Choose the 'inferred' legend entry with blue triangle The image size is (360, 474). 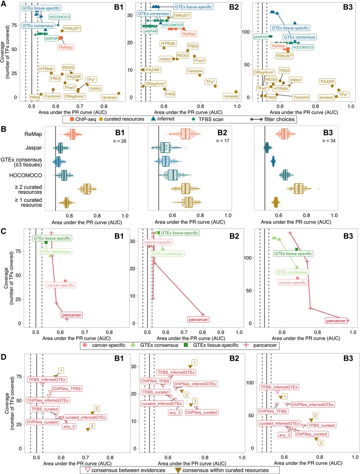tap(161, 119)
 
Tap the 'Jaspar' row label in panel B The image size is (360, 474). tap(34, 148)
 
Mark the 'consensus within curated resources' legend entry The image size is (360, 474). tap(222, 470)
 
